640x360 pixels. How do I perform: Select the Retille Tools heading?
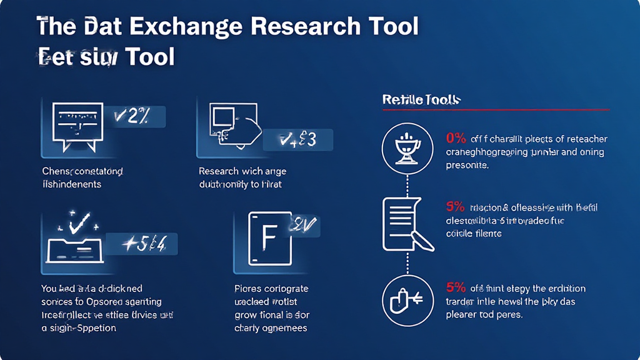(421, 99)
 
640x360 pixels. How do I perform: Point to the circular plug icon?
(407, 300)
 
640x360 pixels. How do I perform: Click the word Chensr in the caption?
(57, 171)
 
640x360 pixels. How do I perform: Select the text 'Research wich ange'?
(242, 171)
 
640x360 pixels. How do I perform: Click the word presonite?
(467, 166)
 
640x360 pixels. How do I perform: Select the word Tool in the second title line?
(149, 57)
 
